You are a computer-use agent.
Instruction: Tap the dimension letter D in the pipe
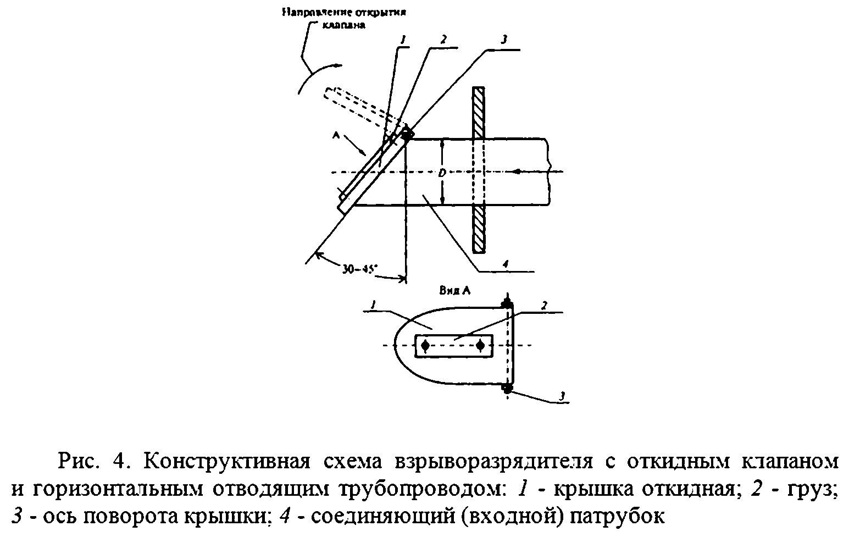point(442,173)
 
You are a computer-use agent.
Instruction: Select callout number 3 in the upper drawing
point(503,40)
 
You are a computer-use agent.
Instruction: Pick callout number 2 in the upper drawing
point(442,40)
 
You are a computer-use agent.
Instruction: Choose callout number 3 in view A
point(561,396)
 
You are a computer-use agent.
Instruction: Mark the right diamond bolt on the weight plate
point(481,346)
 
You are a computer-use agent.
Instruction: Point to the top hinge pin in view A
point(507,303)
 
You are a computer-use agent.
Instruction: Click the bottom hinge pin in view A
point(507,389)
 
